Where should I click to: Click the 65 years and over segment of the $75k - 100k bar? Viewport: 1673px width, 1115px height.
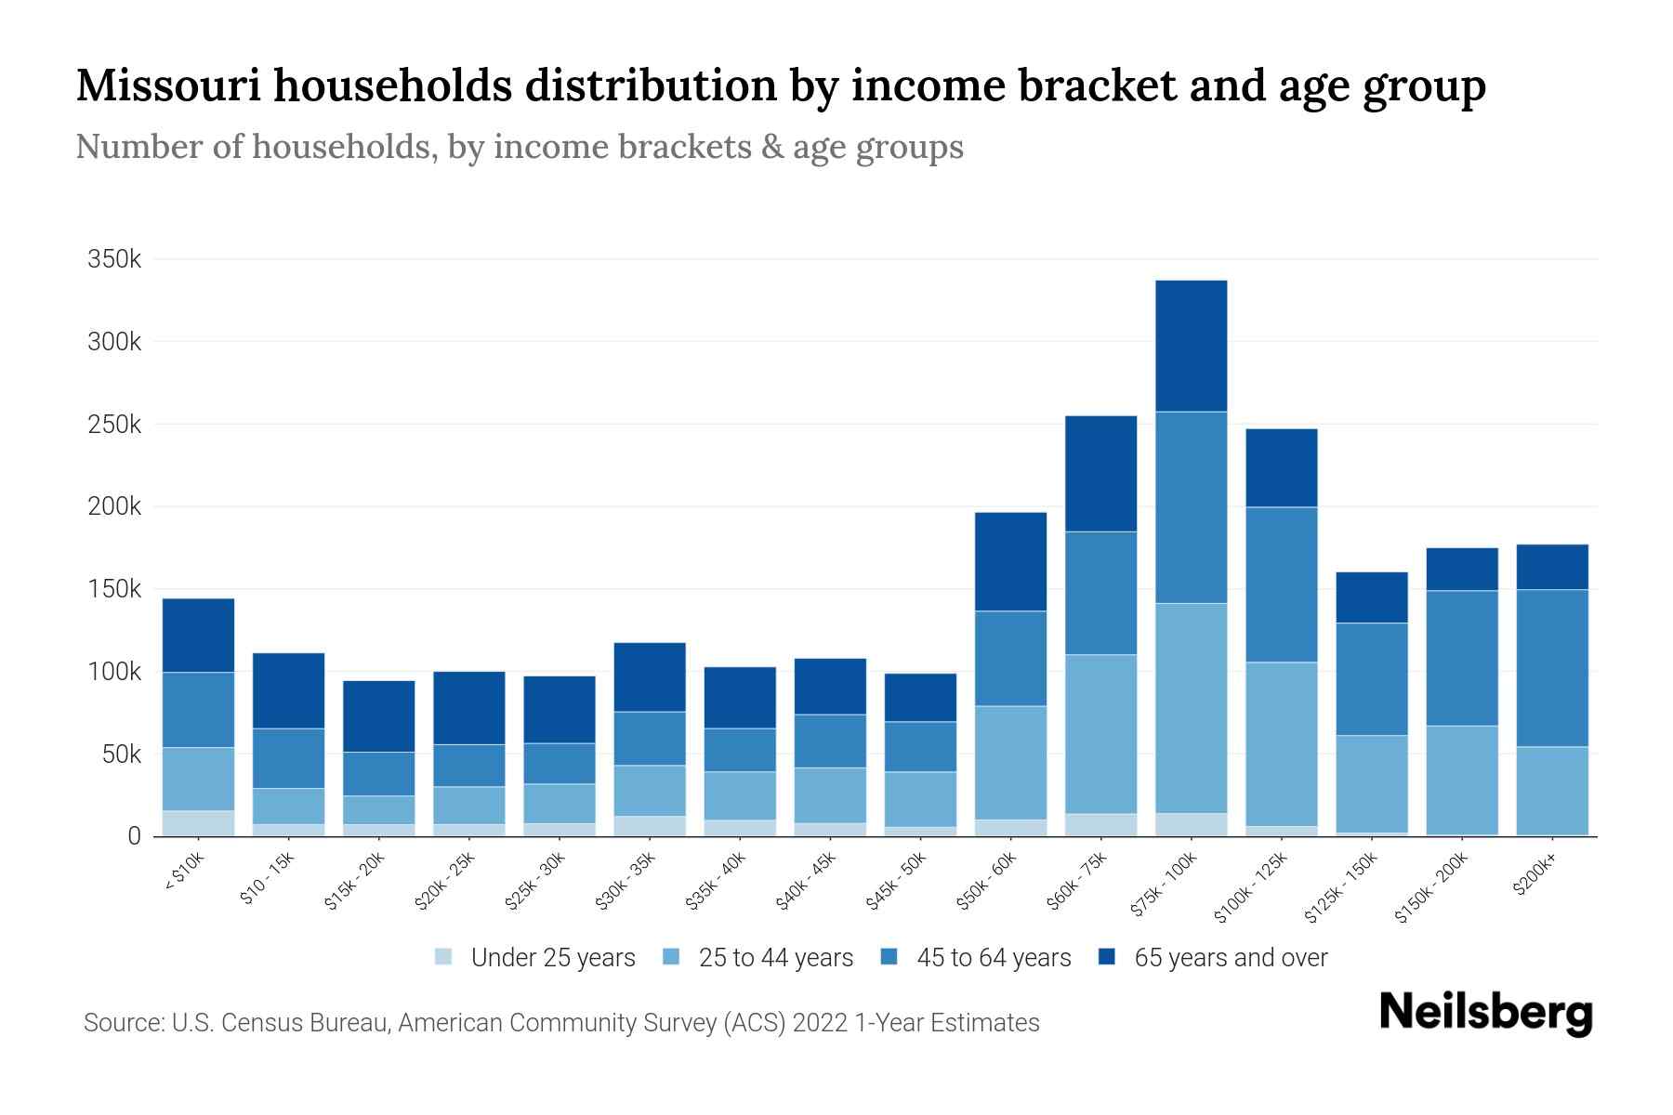[1191, 346]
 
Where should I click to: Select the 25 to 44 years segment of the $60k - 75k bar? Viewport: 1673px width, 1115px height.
[1100, 734]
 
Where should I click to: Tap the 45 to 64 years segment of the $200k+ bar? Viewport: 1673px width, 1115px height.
[1552, 668]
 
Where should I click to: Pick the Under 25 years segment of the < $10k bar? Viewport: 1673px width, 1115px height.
[198, 823]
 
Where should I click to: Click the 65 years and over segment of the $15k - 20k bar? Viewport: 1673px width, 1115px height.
[379, 716]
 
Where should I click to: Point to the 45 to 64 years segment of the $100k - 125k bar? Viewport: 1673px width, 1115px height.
[1281, 584]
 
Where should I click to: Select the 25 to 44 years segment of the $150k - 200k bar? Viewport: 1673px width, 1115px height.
[1462, 780]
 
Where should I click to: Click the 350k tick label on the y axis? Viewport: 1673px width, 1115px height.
[114, 259]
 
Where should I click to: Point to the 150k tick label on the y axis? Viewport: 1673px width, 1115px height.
[114, 589]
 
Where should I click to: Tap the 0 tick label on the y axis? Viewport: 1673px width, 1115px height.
[134, 836]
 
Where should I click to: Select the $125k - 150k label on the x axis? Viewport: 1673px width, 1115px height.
[1342, 887]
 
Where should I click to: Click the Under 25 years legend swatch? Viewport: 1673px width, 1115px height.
[444, 956]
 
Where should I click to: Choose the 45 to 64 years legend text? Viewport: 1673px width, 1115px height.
[994, 957]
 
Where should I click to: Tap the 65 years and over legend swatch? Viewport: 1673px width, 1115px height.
[1107, 956]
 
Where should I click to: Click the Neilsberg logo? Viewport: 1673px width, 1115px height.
[1485, 1013]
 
